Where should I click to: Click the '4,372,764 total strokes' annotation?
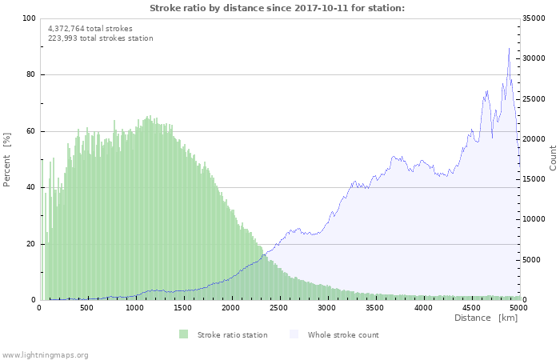pos(90,28)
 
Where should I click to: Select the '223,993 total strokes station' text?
pos(101,38)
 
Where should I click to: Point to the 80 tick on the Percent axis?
pos(30,75)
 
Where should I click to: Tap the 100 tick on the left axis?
pos(29,18)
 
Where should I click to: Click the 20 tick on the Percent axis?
pos(30,244)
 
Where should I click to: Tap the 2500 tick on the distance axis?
pos(279,307)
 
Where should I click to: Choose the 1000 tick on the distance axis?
pos(134,307)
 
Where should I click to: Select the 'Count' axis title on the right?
pos(553,158)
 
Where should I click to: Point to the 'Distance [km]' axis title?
pos(486,318)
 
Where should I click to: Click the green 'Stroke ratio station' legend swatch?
pos(184,334)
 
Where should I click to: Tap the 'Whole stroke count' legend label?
pos(343,334)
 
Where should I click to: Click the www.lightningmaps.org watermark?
pos(45,354)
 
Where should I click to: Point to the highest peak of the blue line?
pos(509,49)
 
